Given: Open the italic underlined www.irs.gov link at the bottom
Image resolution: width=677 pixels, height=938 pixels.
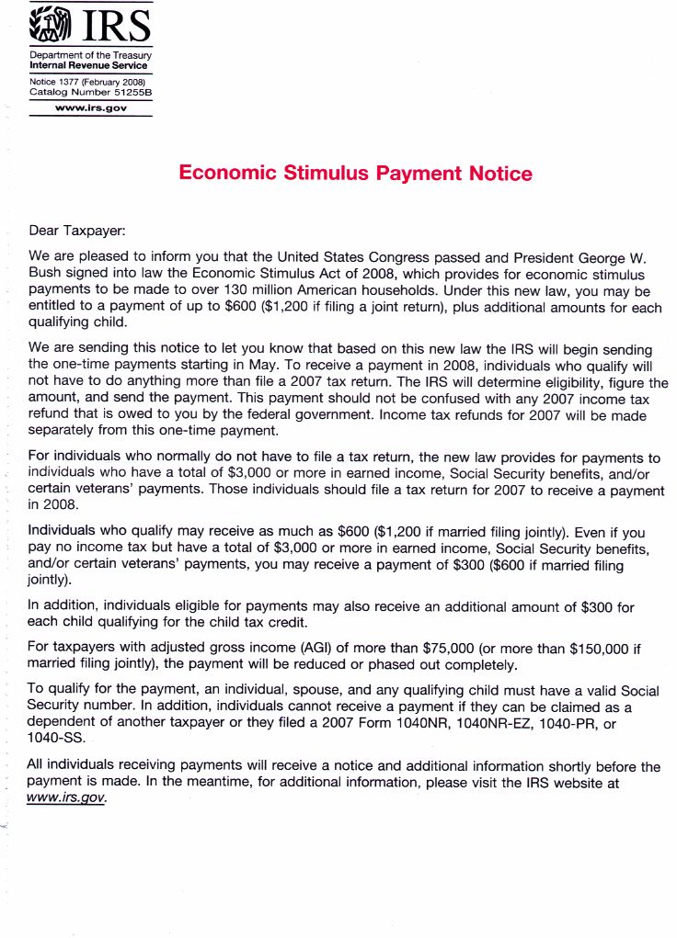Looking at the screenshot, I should click(67, 797).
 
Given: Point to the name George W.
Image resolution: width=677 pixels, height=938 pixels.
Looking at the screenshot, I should click(612, 256).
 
